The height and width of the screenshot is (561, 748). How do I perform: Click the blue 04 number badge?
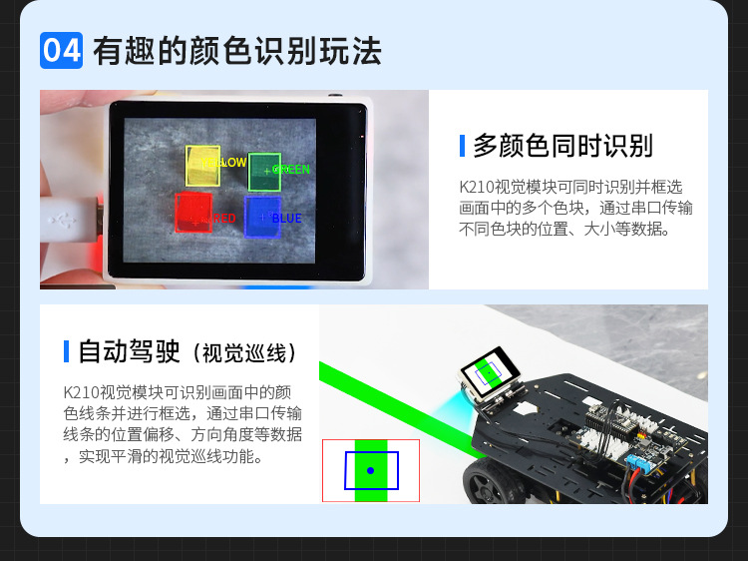(61, 50)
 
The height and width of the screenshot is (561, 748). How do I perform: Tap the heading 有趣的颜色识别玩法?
(237, 51)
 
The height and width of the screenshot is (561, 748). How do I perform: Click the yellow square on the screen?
(203, 166)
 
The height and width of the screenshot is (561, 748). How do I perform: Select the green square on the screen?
(263, 172)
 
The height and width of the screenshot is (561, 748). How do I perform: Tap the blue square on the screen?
(261, 217)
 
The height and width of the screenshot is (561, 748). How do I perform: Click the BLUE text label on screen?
(286, 219)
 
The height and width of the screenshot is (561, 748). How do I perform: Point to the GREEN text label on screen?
(292, 170)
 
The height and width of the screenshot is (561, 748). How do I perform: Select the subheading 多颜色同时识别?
(562, 146)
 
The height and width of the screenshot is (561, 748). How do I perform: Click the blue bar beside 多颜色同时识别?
(463, 146)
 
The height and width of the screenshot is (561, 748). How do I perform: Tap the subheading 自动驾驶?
(129, 351)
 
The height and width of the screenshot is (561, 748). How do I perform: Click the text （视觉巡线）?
(243, 353)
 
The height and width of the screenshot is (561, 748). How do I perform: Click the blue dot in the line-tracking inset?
(370, 470)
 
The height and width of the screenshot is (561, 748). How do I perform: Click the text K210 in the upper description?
(478, 187)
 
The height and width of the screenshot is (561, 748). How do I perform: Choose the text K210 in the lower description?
(81, 392)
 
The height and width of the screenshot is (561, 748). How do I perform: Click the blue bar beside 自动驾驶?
(66, 351)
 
